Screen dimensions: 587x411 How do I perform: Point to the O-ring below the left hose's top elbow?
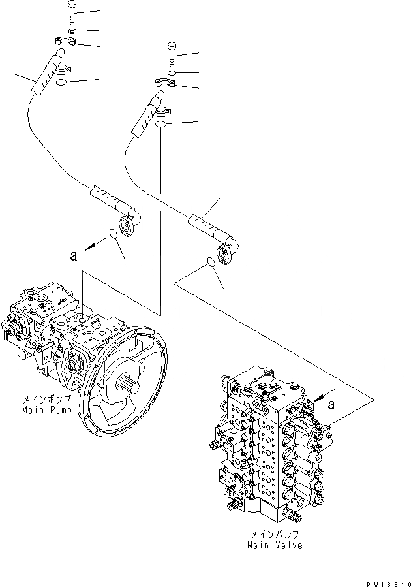click(x=61, y=83)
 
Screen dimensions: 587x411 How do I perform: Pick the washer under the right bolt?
click(x=170, y=73)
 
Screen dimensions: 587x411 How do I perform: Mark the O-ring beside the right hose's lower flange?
click(x=211, y=262)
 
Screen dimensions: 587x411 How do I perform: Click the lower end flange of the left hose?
click(x=132, y=225)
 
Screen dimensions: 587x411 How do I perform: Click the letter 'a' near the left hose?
click(x=74, y=257)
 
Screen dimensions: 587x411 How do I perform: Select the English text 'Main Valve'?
click(x=275, y=545)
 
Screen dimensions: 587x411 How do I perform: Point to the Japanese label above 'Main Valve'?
click(x=275, y=535)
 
